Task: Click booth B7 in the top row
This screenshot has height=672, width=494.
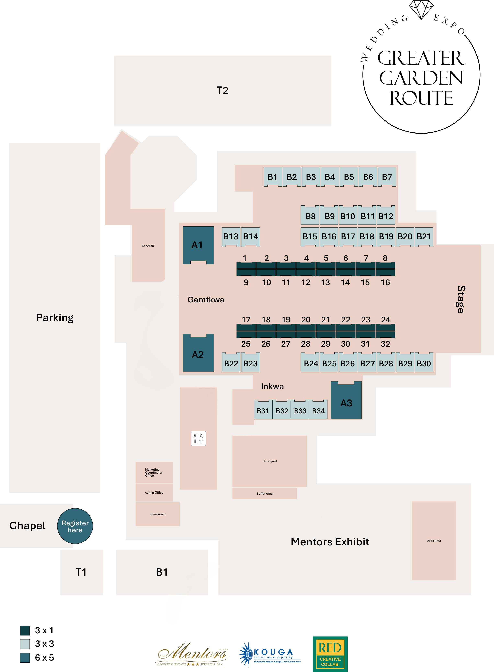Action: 387,177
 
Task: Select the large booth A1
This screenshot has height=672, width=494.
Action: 198,245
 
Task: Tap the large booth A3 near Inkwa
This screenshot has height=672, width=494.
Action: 346,400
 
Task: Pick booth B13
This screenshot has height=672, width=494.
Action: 231,237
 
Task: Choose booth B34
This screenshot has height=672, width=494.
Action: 318,409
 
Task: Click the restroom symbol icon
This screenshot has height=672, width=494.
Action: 198,439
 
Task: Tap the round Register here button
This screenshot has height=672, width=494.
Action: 75,526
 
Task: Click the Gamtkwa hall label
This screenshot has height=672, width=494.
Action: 206,300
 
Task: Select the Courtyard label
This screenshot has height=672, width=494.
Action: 269,461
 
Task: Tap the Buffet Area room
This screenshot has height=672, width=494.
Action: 264,493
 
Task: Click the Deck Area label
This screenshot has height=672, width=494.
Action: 434,541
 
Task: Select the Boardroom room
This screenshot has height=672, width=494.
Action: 158,514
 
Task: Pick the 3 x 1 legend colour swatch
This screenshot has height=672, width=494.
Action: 25,630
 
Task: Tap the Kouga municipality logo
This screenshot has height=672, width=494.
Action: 269,654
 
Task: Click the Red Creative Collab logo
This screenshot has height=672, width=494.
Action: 330,654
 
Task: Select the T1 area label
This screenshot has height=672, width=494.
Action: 81,572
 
